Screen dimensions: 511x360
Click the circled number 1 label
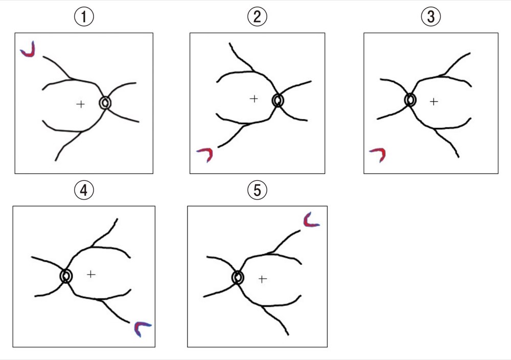[x=84, y=17]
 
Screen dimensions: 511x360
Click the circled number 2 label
[x=257, y=17]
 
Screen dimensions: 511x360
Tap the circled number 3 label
[x=431, y=17]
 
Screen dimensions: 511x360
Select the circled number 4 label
[x=84, y=190]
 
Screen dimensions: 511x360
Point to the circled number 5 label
[x=257, y=190]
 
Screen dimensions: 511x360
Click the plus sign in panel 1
[x=81, y=104]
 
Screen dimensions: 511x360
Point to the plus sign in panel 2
[x=254, y=99]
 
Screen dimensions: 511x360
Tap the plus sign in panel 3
[x=434, y=102]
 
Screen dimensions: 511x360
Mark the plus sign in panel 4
[x=91, y=274]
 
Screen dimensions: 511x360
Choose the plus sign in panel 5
[x=262, y=279]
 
